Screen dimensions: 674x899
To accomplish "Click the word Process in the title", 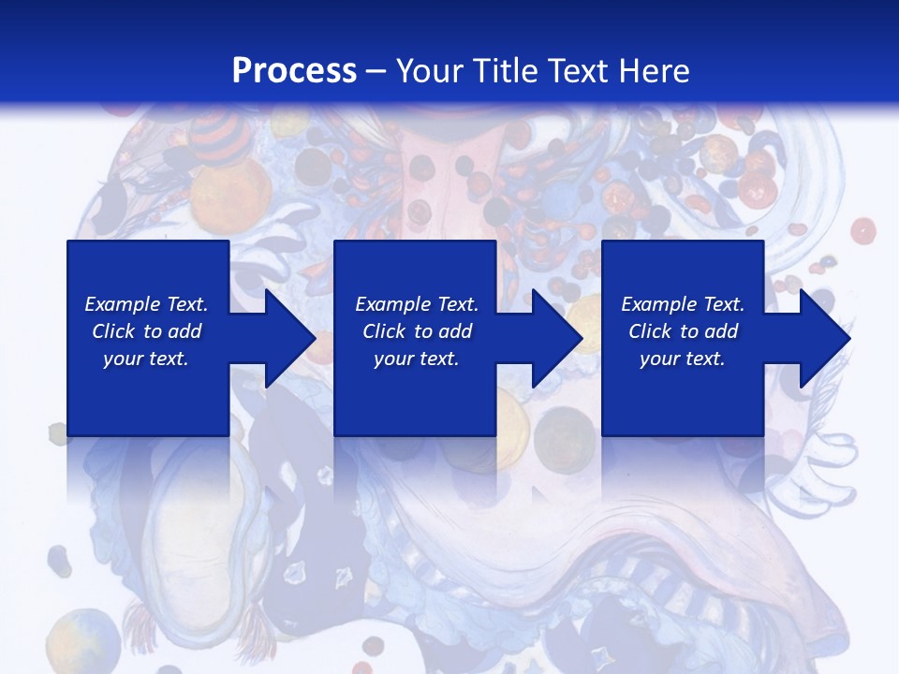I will (294, 71).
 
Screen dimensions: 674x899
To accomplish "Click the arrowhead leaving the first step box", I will (287, 338).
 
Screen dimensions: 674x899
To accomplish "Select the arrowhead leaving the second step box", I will (554, 338).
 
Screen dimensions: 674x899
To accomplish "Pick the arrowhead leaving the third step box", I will (822, 338).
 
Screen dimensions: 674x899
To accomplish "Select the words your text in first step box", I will (146, 359).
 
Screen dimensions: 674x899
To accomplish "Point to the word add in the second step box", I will (455, 331).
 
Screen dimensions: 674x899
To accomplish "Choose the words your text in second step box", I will (416, 359).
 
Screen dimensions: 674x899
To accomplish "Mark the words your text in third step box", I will (682, 359).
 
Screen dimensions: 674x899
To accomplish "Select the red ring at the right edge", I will (862, 230).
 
